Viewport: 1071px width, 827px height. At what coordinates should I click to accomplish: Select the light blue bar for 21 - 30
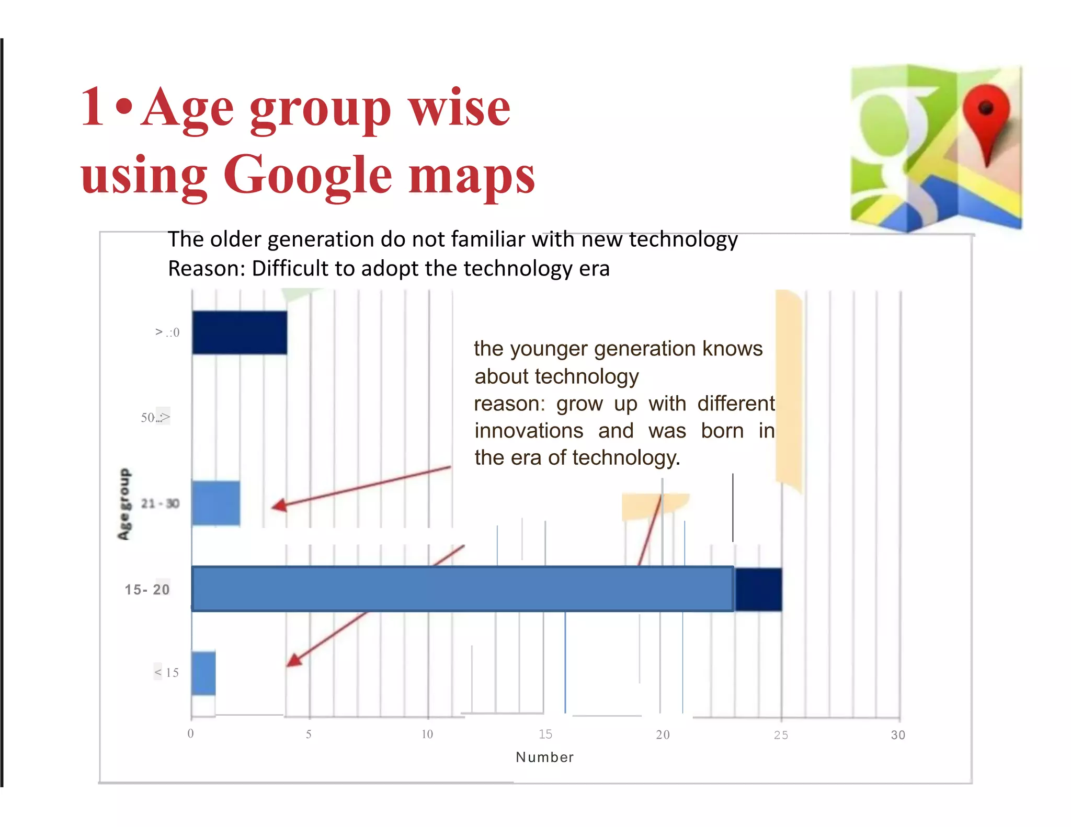[215, 503]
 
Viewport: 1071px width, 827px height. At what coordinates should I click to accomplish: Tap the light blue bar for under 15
[203, 673]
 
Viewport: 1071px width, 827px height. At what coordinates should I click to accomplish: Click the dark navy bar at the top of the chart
[239, 332]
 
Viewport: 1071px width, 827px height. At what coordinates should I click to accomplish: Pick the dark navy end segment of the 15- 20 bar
[758, 589]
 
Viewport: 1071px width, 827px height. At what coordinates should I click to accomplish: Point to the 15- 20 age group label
[147, 590]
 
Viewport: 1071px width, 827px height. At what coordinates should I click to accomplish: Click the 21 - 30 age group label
[160, 503]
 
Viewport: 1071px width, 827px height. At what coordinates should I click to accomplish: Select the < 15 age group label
[167, 672]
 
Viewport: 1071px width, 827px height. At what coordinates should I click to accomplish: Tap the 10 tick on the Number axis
[427, 734]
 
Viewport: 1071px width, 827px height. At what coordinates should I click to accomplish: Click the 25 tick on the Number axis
[781, 735]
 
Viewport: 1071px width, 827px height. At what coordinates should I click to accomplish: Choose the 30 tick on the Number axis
[898, 735]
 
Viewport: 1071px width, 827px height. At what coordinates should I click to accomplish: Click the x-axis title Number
[544, 757]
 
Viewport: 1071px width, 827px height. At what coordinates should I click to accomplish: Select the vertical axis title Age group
[124, 504]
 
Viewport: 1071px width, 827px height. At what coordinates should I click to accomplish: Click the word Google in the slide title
[307, 175]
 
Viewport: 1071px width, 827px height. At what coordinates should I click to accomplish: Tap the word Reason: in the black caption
[206, 269]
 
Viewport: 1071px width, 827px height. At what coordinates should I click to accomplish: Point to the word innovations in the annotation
[529, 431]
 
